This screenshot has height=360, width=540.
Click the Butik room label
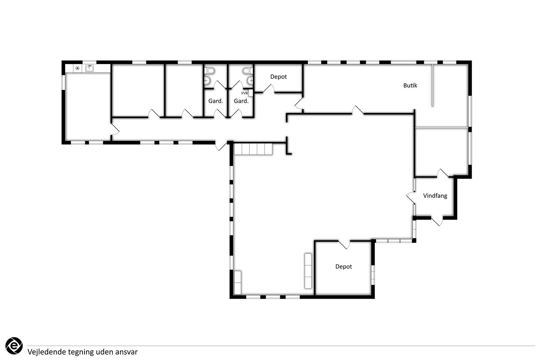(x=410, y=85)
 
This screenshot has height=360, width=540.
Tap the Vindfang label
(x=435, y=196)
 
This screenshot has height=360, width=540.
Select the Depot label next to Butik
(x=278, y=77)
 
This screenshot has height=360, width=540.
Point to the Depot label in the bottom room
(x=344, y=267)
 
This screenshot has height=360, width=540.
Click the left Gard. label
(x=216, y=101)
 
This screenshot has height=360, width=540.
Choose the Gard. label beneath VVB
(x=241, y=101)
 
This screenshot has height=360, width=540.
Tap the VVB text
(x=245, y=93)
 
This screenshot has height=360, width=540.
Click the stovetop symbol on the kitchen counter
(x=78, y=68)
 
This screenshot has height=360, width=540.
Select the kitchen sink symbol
(x=89, y=68)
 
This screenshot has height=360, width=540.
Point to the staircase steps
(x=253, y=149)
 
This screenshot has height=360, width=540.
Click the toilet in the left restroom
(x=209, y=71)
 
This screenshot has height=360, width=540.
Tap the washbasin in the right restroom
(x=250, y=80)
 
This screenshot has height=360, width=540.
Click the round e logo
(x=14, y=346)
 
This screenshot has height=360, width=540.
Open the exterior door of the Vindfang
(x=437, y=220)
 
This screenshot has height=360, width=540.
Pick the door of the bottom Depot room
(x=344, y=244)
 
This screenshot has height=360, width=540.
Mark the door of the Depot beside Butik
(x=268, y=89)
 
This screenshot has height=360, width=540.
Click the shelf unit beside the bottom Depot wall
(x=308, y=271)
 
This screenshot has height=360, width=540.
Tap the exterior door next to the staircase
(x=221, y=146)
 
